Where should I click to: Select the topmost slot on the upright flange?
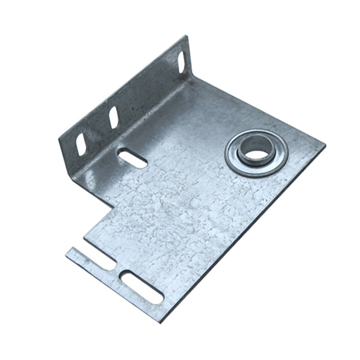coord(182,62)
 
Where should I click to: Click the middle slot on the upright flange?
coord(114,117)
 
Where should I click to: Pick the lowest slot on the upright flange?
coord(81,144)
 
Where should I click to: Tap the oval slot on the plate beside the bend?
coord(132,158)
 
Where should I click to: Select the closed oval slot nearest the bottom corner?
coord(142,287)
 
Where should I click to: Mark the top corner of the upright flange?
coord(186,36)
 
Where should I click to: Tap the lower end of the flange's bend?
coord(72,175)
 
